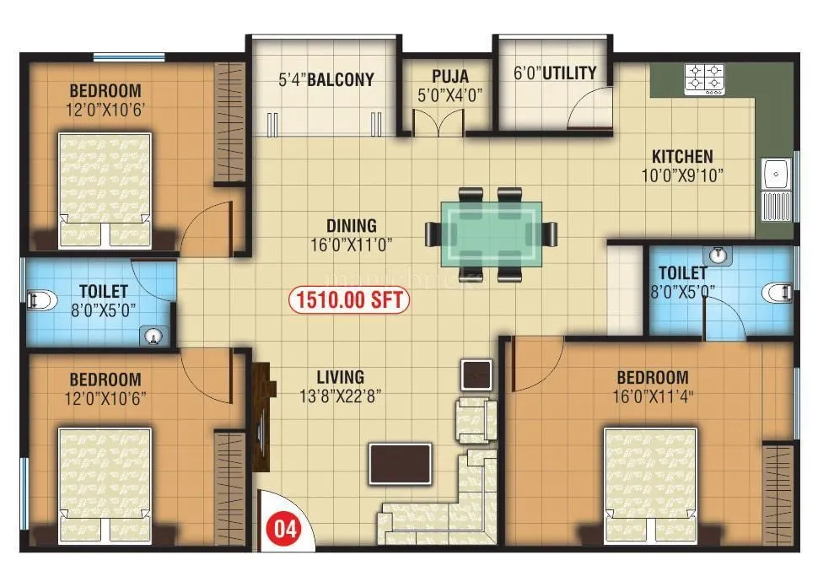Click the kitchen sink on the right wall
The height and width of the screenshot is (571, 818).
pyautogui.click(x=774, y=175)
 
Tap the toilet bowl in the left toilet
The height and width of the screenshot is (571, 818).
pyautogui.click(x=40, y=298)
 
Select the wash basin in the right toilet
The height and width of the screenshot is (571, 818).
pyautogui.click(x=718, y=254)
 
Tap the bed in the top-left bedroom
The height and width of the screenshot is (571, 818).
pyautogui.click(x=105, y=189)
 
